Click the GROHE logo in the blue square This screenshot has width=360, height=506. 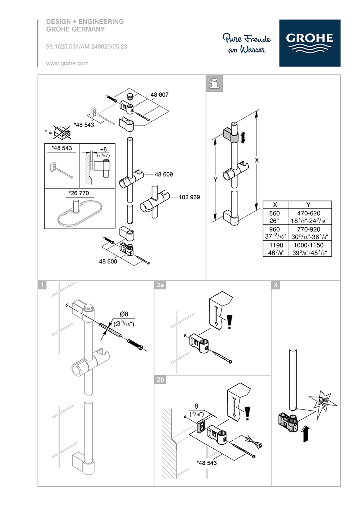point(310,43)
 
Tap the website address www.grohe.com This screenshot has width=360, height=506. point(67,64)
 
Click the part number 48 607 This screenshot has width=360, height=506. point(159,94)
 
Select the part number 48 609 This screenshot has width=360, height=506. point(164,175)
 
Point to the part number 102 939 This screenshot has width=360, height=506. point(189,197)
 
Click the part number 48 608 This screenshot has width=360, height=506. point(108,261)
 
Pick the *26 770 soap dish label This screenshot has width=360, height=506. point(78,193)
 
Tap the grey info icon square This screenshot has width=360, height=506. point(214,83)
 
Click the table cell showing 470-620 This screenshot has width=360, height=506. point(308,213)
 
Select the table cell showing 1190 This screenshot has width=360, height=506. point(275,245)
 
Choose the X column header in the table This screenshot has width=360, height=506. point(275,205)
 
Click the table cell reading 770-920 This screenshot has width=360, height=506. point(308,229)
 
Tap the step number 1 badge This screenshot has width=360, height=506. point(42,285)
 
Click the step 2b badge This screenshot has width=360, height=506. point(160,380)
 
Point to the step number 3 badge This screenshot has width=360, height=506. point(276,285)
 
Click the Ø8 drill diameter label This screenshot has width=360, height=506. point(124,314)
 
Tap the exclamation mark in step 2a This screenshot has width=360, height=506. point(229,322)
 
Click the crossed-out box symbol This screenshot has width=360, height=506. point(62,133)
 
